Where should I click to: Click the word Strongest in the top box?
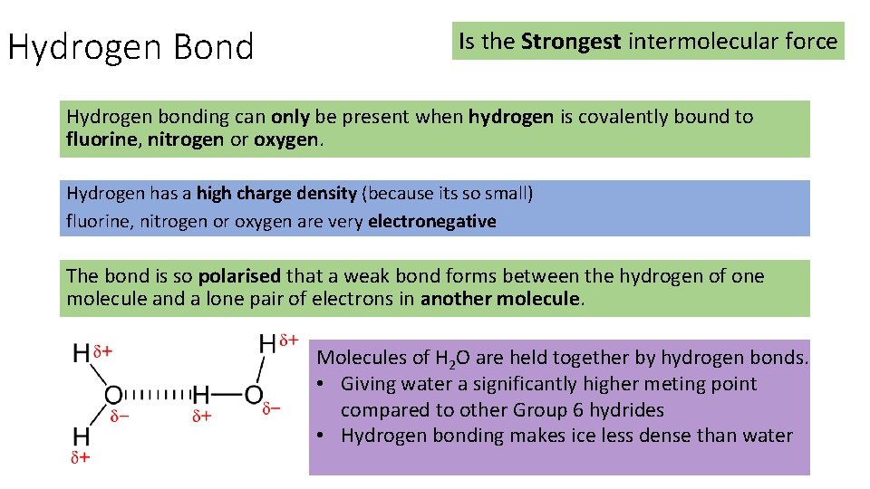(571, 41)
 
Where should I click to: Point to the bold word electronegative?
(432, 221)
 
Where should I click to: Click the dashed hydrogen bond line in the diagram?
(156, 394)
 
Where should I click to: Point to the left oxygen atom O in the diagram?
(113, 395)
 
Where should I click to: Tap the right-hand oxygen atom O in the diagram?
(253, 395)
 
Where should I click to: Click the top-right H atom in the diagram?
(267, 344)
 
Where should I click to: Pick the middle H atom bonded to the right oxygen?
(200, 395)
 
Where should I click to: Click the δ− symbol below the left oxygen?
(120, 417)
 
